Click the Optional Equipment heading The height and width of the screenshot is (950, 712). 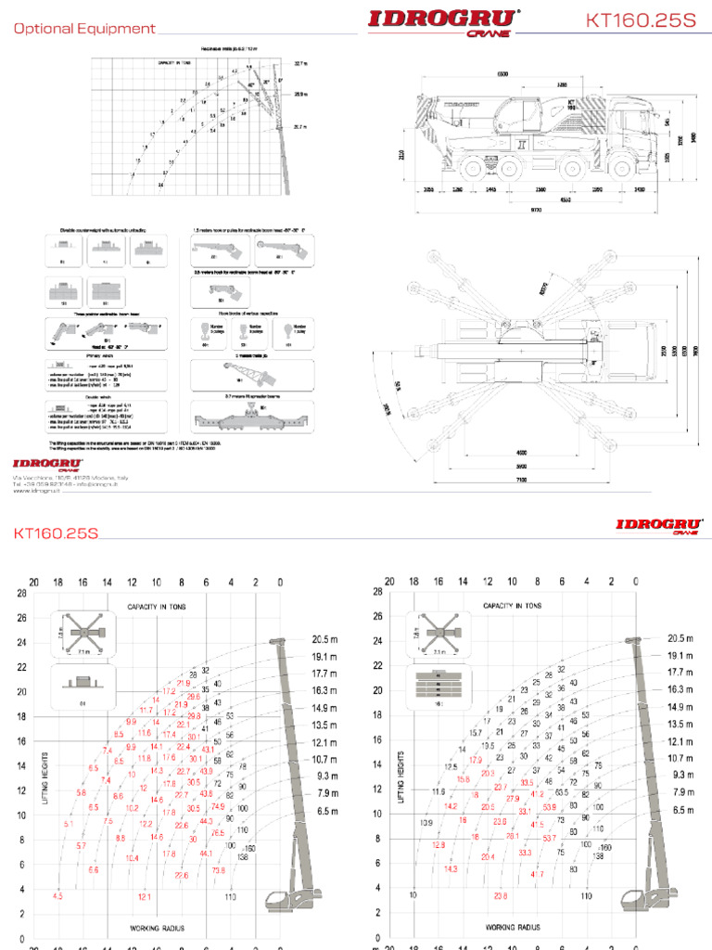84,29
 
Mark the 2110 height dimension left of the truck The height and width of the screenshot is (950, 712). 401,156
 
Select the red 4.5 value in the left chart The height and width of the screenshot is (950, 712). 57,896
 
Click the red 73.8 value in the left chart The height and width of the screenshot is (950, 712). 219,870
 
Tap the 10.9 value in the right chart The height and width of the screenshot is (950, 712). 426,823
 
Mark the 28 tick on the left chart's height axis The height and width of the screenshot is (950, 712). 14,592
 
